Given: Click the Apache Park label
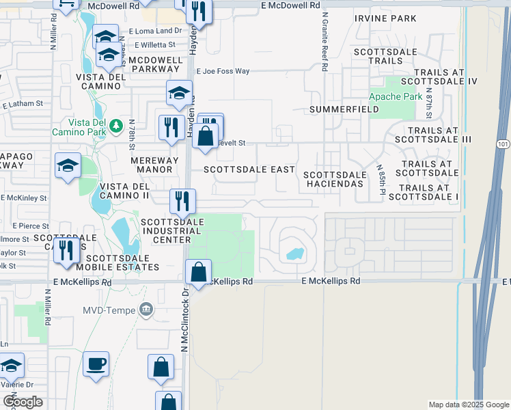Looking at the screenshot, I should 396,97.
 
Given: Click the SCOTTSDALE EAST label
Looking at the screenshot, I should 249,169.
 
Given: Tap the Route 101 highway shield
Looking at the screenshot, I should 503,144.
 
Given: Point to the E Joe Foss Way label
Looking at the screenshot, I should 223,70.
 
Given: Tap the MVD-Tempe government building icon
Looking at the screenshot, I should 146,310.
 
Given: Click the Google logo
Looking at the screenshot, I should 24,402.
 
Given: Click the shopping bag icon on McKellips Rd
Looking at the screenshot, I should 197,272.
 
